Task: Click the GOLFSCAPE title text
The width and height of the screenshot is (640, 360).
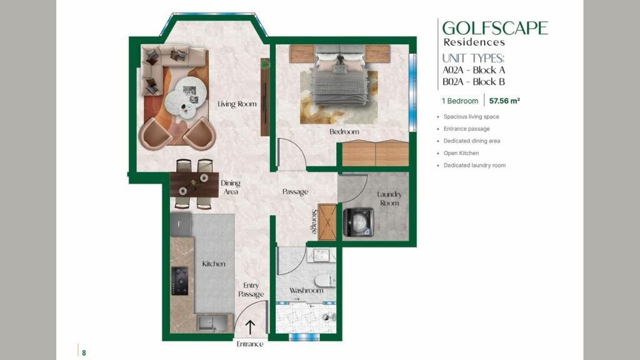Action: (495, 28)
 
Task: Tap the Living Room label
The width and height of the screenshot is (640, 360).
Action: (237, 104)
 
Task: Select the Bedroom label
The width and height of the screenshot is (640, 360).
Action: (344, 131)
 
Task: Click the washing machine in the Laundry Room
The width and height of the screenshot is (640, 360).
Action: (359, 222)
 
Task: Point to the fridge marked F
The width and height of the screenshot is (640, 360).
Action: (181, 224)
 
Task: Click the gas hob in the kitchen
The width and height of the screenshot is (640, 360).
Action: (179, 281)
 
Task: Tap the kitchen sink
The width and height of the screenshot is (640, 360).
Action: (212, 323)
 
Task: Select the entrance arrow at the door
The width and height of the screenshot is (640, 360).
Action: (250, 327)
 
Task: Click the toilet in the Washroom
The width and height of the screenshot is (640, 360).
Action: (325, 281)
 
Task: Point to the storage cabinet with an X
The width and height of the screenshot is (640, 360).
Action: (327, 221)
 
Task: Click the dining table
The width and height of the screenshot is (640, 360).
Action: (194, 185)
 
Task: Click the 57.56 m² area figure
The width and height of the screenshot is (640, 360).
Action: (504, 101)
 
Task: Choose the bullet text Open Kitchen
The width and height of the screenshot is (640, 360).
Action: (461, 153)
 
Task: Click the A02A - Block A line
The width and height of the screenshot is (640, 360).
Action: (474, 70)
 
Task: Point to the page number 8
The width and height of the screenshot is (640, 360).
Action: (84, 353)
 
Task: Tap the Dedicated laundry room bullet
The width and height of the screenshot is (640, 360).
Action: (474, 165)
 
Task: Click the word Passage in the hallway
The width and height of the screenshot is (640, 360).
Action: (295, 192)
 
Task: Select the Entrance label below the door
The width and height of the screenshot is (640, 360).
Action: (250, 344)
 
